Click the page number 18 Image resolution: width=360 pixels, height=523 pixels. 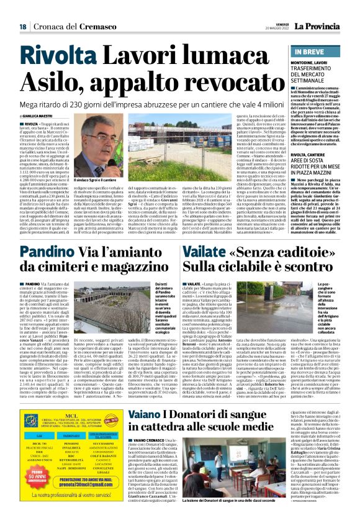(x=22, y=27)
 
